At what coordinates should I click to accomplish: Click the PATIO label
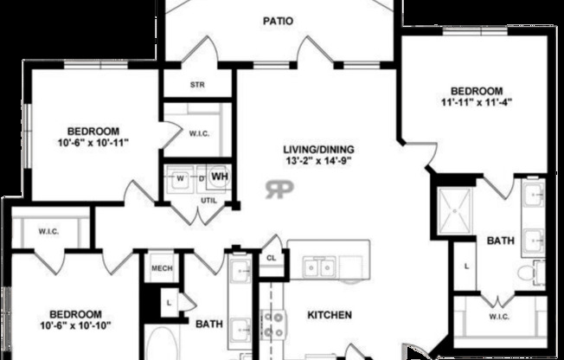tap(278, 21)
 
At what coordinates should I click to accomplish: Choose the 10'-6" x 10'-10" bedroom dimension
tap(75, 325)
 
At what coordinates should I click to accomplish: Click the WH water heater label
tap(219, 178)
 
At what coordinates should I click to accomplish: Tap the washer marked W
tap(181, 179)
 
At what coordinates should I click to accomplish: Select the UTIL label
tap(209, 201)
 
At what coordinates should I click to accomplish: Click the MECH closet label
tap(163, 268)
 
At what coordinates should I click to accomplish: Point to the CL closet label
tap(271, 258)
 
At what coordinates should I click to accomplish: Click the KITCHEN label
tap(329, 316)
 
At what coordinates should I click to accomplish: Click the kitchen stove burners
tap(273, 324)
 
